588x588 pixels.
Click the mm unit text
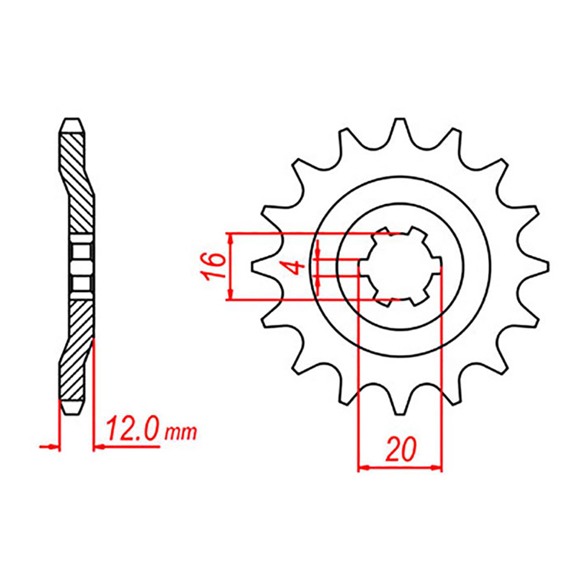(181, 434)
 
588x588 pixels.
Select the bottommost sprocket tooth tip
(400, 413)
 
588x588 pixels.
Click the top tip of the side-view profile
(72, 119)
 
